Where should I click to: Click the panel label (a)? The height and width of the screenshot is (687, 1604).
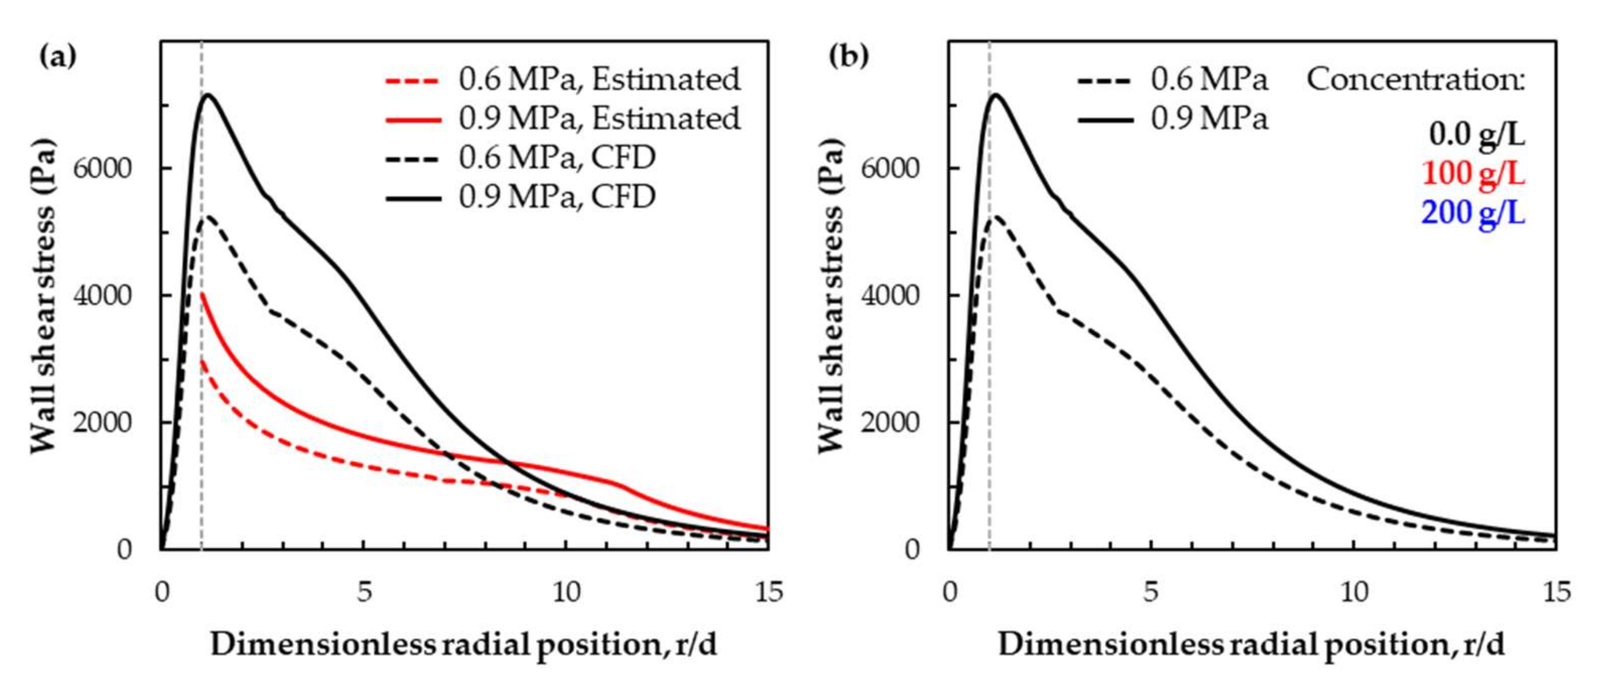point(57,57)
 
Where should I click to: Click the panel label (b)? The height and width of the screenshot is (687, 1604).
point(848,57)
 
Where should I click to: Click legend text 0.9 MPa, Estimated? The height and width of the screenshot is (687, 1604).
point(599,118)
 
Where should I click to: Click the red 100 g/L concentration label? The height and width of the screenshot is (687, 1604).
point(1473,174)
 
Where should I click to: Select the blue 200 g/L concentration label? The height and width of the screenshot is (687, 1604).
point(1473,213)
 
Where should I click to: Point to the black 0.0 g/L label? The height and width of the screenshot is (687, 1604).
point(1477,135)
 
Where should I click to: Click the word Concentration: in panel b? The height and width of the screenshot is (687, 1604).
point(1415,80)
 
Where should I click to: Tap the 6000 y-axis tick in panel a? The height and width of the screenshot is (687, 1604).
point(103,168)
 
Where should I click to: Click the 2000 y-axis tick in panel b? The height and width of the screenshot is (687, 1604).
point(890,422)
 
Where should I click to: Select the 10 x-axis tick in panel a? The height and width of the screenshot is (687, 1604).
point(566,592)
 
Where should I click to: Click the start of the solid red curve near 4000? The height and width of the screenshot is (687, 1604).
point(202,294)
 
